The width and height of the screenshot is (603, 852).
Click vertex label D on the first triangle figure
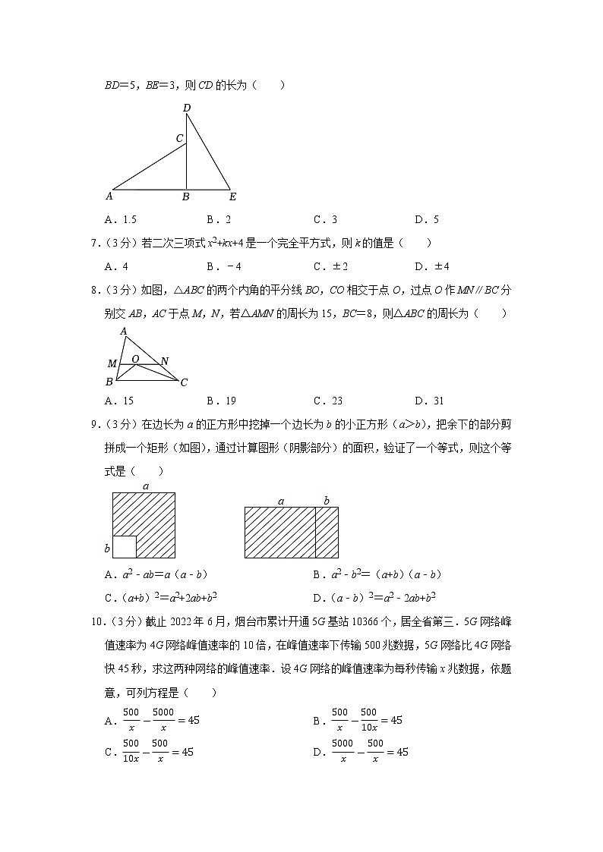[x=186, y=108]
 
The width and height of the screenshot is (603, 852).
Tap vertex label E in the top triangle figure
[x=232, y=197]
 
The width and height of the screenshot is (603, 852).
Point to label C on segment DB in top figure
[x=179, y=138]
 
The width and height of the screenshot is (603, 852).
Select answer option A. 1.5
[x=121, y=220]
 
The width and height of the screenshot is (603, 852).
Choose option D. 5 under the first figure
[x=427, y=220]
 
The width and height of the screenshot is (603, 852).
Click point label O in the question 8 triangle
[x=134, y=358]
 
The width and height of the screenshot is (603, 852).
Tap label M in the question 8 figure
[x=112, y=364]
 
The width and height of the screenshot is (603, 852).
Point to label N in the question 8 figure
[x=165, y=361]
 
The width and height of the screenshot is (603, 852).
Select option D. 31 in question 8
[x=429, y=401]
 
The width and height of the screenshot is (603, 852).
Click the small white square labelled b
[x=125, y=546]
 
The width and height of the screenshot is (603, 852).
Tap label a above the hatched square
[x=145, y=486]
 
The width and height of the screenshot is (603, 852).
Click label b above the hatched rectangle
[x=327, y=500]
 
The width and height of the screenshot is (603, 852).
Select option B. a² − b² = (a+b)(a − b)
[x=377, y=574]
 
